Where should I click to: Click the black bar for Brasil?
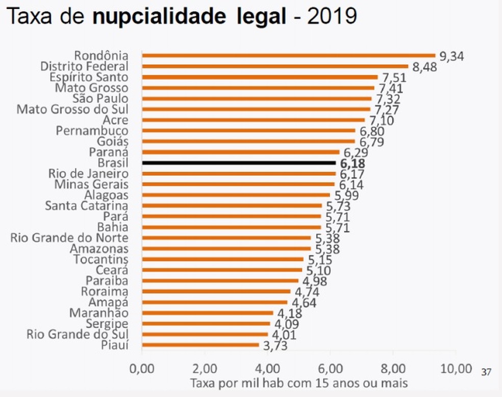click(x=239, y=163)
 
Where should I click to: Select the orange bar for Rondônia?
click(x=288, y=56)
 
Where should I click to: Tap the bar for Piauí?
click(x=200, y=346)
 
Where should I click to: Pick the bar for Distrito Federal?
click(x=275, y=66)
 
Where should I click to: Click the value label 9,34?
click(x=450, y=57)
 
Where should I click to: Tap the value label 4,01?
click(x=282, y=335)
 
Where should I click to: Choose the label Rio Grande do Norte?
click(x=69, y=238)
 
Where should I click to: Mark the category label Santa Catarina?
click(x=87, y=206)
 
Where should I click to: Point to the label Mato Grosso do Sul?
click(x=72, y=109)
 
